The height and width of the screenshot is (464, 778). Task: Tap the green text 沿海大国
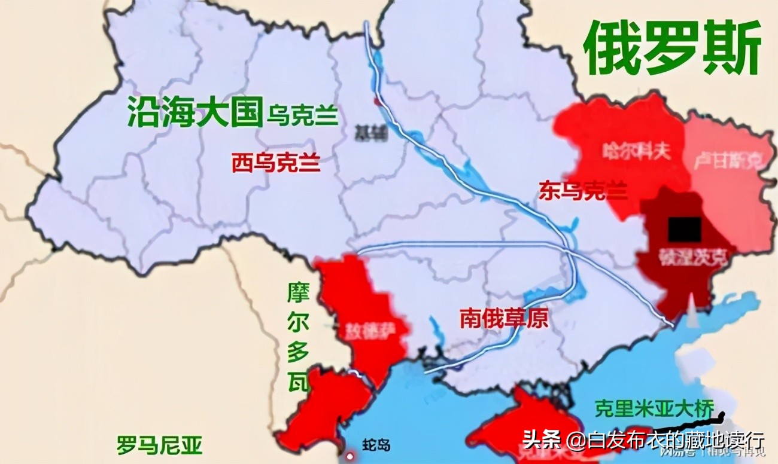(195, 112)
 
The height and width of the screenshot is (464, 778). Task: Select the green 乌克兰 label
(303, 115)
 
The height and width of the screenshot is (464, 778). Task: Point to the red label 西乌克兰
(276, 162)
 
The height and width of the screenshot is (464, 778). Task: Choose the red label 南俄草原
(504, 318)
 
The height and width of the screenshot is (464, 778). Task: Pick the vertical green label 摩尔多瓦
(297, 338)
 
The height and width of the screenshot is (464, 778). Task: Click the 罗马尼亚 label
(159, 445)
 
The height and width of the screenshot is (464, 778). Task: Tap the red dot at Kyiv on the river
(376, 101)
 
